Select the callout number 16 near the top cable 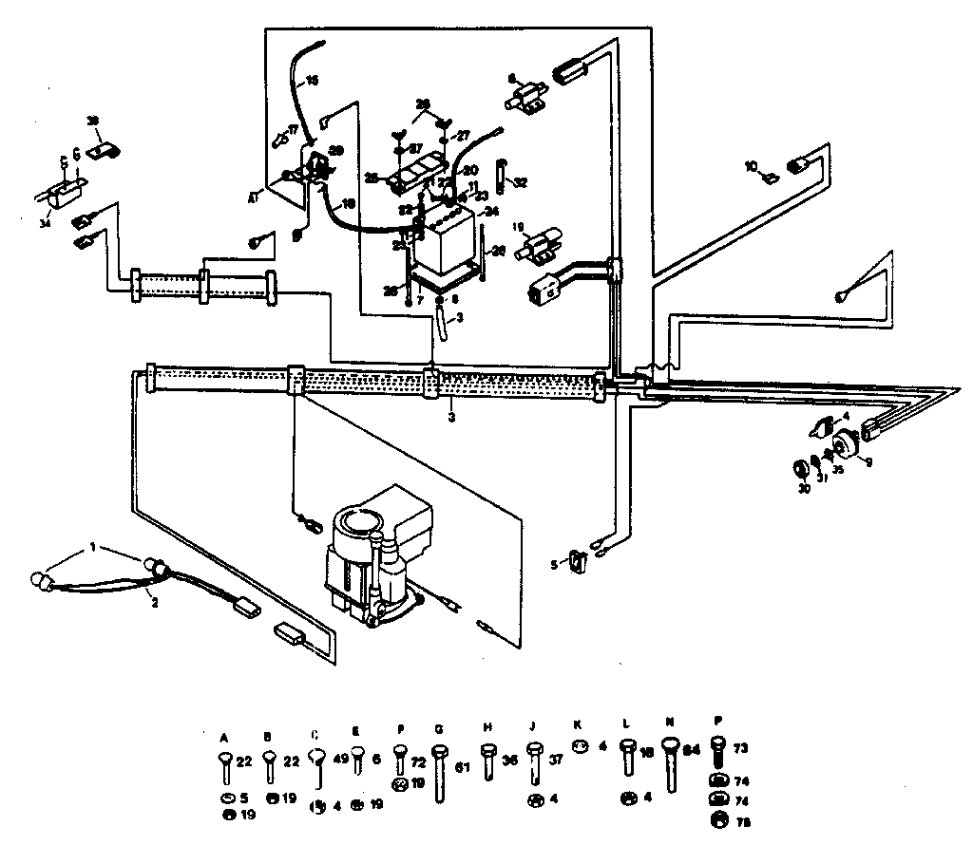313,80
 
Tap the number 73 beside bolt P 742,749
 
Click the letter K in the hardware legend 578,723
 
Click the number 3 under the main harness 452,415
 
